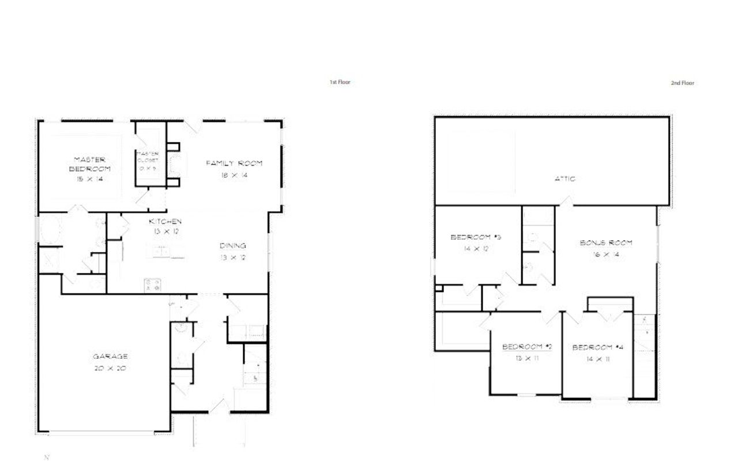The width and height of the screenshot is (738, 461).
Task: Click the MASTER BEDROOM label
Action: click(89, 164)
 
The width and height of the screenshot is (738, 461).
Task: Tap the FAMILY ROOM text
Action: click(234, 163)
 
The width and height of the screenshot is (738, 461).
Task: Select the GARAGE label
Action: click(110, 357)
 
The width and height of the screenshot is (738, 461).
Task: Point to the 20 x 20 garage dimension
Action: click(110, 368)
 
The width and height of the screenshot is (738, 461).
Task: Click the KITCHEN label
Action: click(165, 222)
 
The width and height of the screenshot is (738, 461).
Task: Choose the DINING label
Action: click(233, 246)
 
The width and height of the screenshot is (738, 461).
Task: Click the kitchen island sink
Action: click(161, 251)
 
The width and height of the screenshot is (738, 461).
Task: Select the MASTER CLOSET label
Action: click(148, 156)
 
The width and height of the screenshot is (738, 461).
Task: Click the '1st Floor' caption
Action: click(340, 83)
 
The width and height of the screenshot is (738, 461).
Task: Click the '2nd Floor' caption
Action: click(682, 83)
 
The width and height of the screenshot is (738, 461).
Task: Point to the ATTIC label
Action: click(564, 179)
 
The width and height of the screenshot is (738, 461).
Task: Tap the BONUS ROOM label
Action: click(605, 243)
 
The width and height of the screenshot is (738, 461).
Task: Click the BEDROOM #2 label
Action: click(527, 347)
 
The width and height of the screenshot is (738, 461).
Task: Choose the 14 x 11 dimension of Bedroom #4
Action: click(599, 359)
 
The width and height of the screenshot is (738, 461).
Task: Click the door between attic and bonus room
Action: click(567, 202)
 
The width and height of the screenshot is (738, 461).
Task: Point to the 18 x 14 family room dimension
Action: click(234, 175)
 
